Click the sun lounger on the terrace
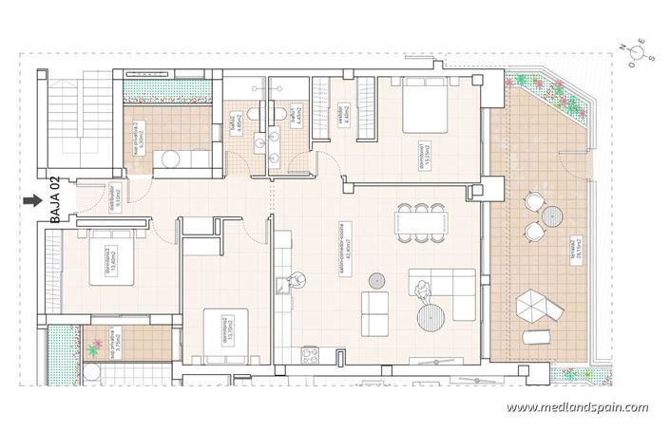click(x=538, y=336)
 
